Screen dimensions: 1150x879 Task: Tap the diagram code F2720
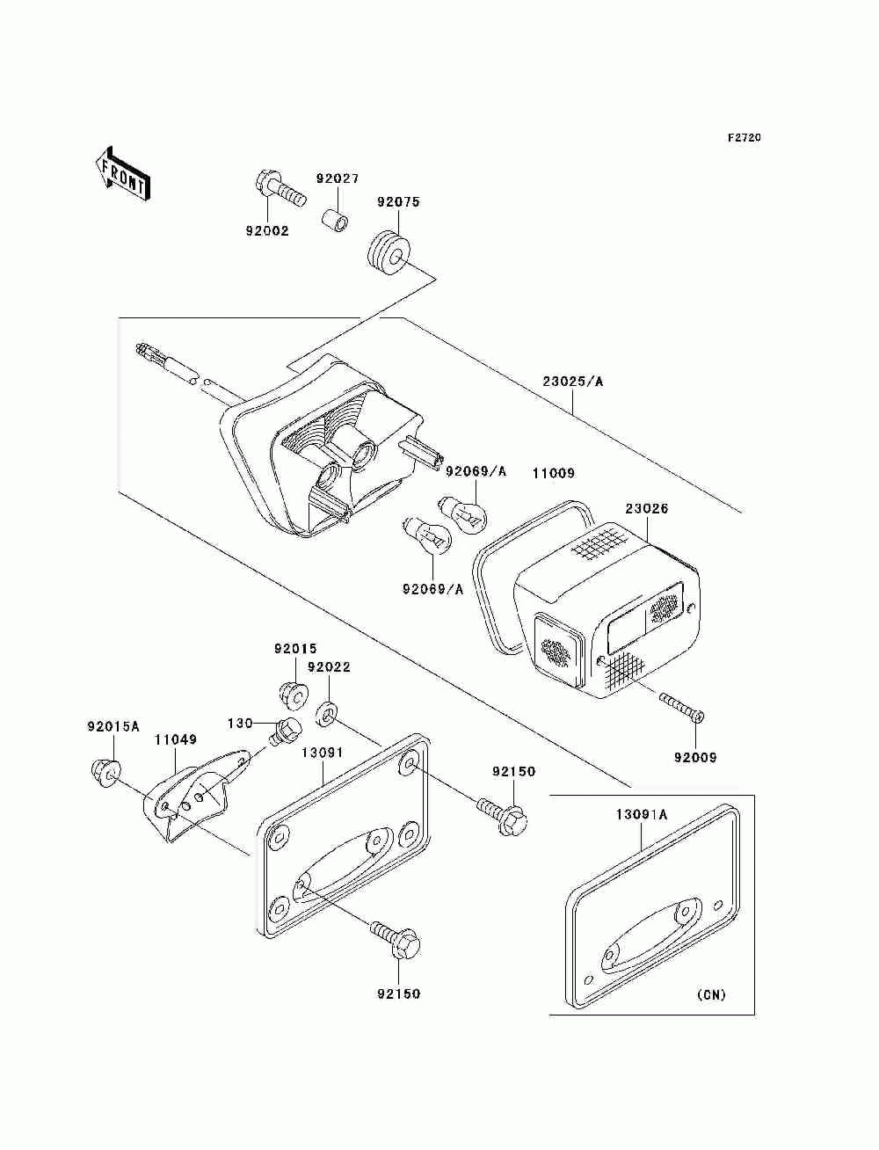coord(743,138)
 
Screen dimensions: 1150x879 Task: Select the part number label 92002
coord(267,231)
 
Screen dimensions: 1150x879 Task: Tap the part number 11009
coord(553,473)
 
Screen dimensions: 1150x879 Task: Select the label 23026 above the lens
coord(647,508)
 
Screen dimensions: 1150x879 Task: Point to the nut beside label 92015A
coord(103,772)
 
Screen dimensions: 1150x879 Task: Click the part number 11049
coord(175,740)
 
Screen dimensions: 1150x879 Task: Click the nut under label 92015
coord(292,694)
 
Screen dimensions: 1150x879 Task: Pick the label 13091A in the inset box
coord(641,814)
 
